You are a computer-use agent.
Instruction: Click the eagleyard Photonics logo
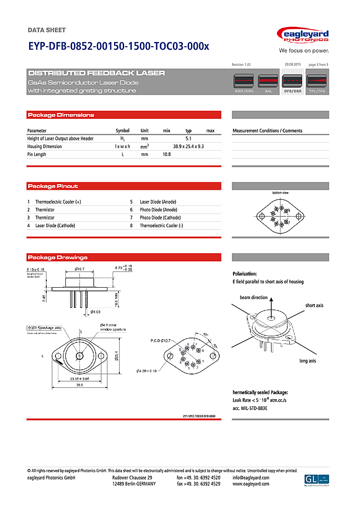pos(303,36)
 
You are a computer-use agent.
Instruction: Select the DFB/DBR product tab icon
pos(293,83)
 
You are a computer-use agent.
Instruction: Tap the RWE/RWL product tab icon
pos(244,83)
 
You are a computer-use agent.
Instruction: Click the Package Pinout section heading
pos(53,186)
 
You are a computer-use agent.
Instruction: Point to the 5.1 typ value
pos(188,138)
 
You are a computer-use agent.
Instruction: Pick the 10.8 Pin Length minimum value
pos(167,155)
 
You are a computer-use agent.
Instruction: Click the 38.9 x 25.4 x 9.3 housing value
pos(188,146)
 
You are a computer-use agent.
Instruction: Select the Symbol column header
pos(123,130)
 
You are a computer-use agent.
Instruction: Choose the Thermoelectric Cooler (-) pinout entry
pos(161,226)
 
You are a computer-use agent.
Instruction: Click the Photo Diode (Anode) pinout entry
pos(159,210)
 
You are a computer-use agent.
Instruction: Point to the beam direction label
pos(254,298)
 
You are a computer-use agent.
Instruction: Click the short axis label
pos(314,305)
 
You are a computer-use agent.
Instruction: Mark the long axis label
pos(307,361)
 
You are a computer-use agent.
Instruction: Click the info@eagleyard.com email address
pos(251,478)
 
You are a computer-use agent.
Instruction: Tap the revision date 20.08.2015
pos(293,64)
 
